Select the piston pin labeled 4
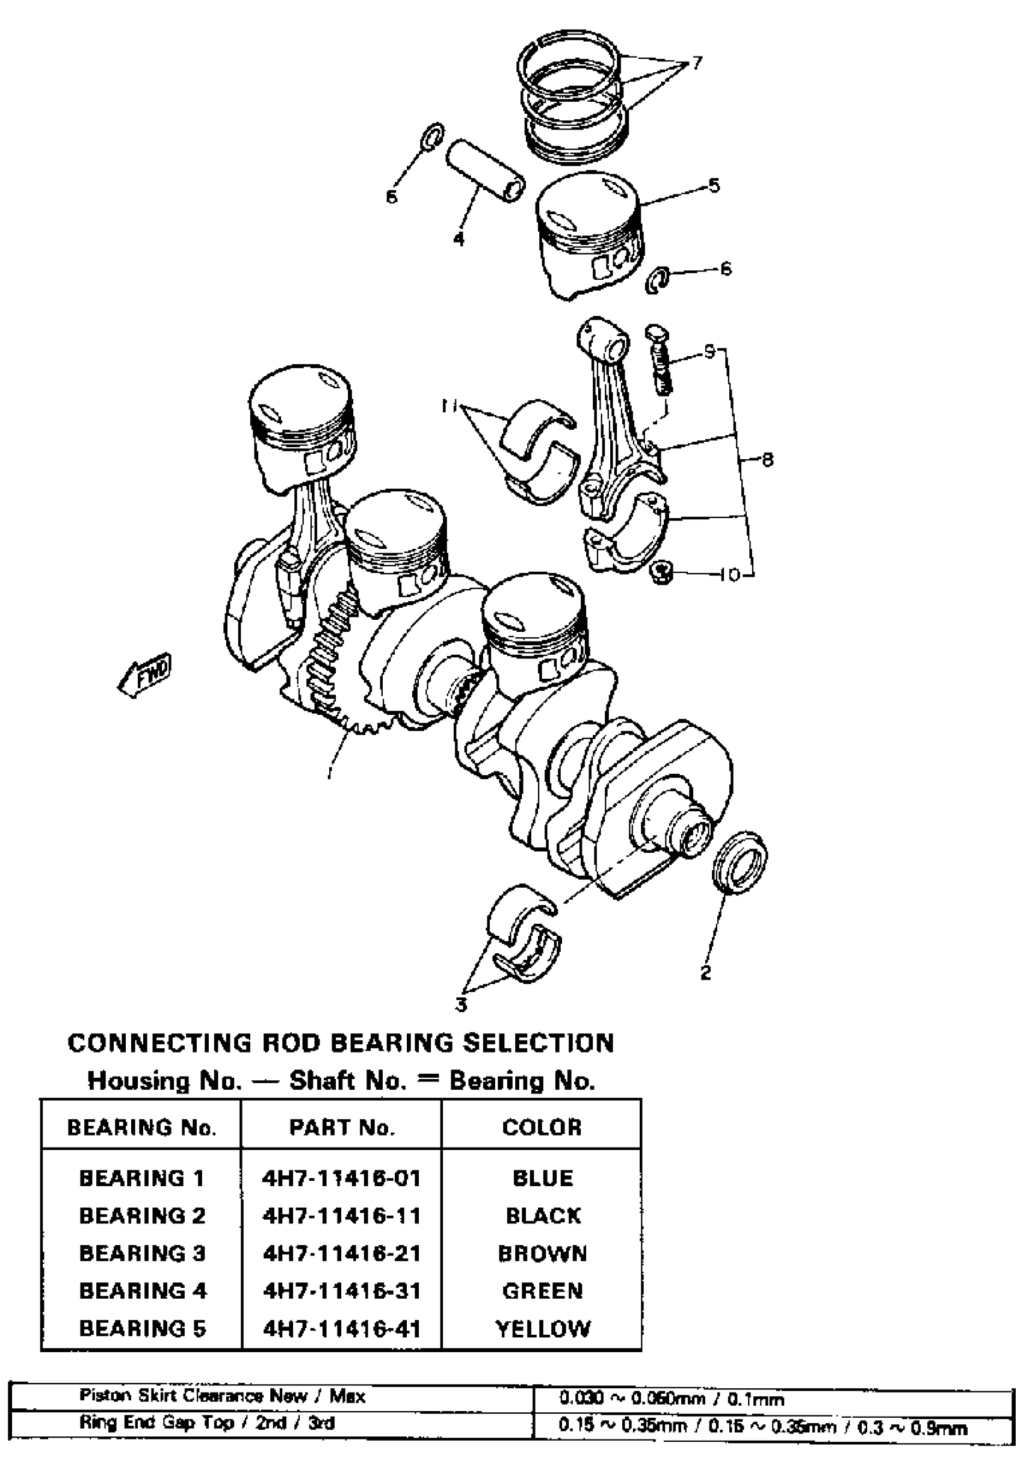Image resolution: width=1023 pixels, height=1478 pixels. [x=485, y=170]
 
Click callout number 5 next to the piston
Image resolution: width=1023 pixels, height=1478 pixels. [x=714, y=186]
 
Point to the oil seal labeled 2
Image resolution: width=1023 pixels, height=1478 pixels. [x=740, y=862]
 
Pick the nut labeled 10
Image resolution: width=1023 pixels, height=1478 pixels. [x=661, y=571]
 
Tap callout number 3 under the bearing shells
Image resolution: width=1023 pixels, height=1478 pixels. [x=461, y=1005]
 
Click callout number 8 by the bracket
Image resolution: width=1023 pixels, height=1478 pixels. [x=767, y=460]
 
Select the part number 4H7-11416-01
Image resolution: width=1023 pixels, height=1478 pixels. [x=341, y=1178]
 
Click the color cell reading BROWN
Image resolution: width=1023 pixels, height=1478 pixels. [x=542, y=1253]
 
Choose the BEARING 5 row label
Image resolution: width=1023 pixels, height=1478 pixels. [x=142, y=1329]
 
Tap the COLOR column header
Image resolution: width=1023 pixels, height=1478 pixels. [x=542, y=1127]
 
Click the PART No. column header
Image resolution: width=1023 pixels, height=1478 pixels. [x=341, y=1127]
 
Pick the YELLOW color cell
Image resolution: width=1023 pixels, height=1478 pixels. [x=542, y=1329]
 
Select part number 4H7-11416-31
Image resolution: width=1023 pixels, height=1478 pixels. [x=341, y=1291]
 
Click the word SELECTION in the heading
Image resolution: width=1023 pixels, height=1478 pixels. [x=539, y=1043]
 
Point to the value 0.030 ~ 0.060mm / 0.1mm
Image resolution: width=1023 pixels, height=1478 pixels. [x=672, y=1399]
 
